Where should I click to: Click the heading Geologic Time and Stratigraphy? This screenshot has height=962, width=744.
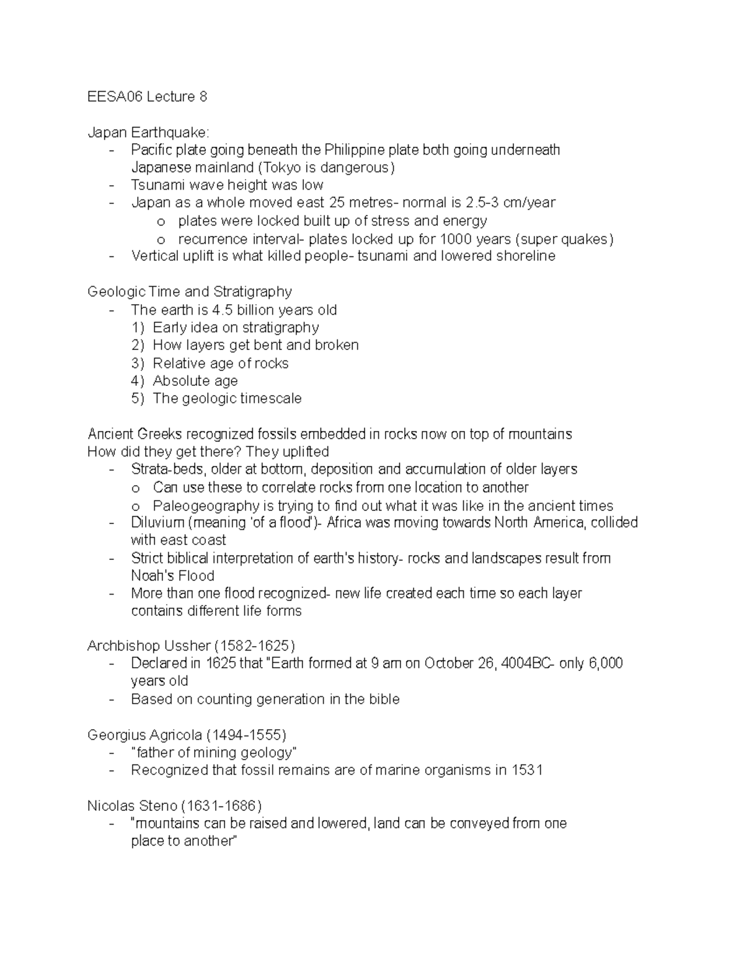coord(190,292)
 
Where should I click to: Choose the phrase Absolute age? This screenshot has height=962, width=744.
coord(195,381)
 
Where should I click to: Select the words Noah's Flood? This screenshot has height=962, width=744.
coord(172,575)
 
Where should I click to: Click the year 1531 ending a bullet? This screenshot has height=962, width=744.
coord(528,771)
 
